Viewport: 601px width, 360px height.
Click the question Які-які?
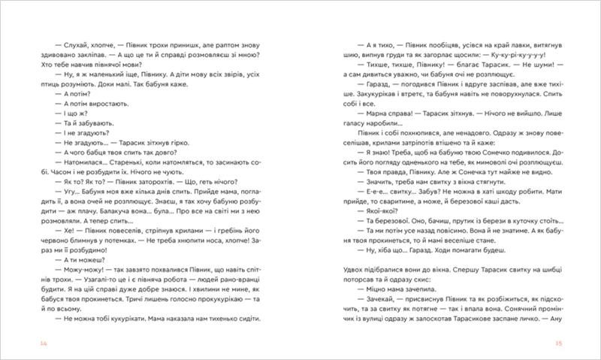point(379,212)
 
